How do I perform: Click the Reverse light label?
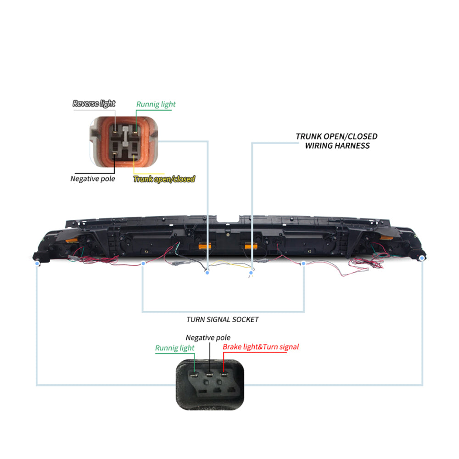[94, 104]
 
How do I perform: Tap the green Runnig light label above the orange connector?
[156, 104]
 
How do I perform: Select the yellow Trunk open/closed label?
[164, 179]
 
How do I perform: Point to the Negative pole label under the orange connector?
[93, 179]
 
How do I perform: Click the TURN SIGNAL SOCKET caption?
[223, 319]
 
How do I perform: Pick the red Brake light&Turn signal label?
[260, 347]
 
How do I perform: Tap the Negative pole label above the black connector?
[208, 338]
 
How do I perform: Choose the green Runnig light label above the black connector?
[174, 348]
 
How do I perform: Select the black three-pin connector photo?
[211, 384]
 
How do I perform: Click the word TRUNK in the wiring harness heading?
[308, 136]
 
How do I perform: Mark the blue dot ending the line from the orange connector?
[207, 273]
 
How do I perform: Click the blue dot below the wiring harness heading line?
[251, 273]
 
